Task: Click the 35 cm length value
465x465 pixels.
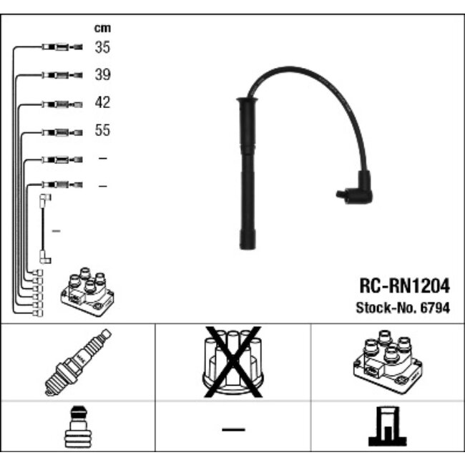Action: [102, 48]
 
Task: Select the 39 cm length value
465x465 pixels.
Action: [102, 75]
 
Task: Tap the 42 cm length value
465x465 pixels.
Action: [102, 103]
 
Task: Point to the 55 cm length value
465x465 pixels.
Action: [102, 131]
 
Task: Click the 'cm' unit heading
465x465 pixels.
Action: [102, 29]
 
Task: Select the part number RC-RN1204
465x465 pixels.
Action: [403, 287]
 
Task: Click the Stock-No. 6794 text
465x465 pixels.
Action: [403, 308]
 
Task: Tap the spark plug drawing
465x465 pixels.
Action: [78, 362]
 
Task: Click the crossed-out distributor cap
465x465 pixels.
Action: [232, 362]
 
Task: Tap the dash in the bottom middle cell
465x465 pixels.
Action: [232, 429]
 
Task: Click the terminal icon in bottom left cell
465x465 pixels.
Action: [77, 429]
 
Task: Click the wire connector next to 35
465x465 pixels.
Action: [62, 48]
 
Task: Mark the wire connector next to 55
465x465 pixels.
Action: [62, 132]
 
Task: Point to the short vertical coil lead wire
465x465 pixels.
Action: [45, 229]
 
